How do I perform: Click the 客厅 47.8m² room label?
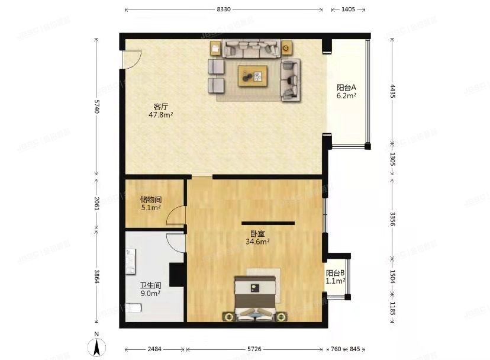160,111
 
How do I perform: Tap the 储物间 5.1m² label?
151,204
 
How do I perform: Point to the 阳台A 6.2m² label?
346,91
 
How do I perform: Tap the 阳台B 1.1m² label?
336,277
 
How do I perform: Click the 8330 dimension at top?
224,10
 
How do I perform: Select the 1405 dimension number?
348,10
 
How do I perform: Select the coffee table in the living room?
253,76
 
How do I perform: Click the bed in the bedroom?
255,296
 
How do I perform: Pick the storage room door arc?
176,216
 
